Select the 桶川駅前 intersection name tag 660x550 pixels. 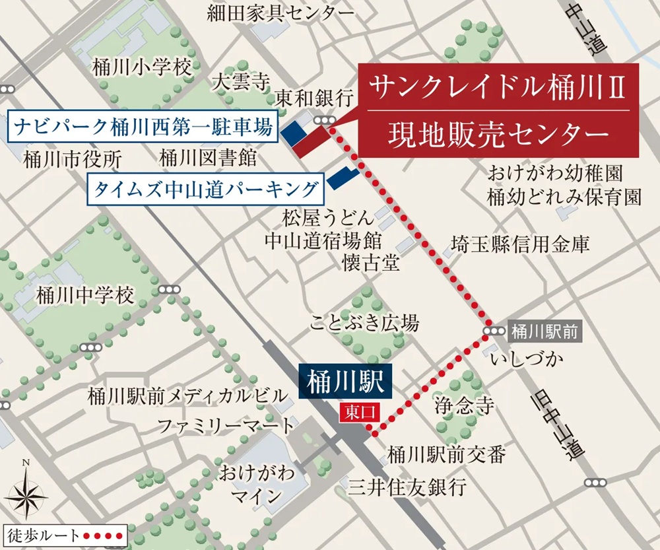click(544, 332)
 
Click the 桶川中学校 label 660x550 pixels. click(86, 294)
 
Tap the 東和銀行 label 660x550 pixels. click(314, 99)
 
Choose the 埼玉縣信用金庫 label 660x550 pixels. click(520, 244)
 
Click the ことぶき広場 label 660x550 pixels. click(364, 323)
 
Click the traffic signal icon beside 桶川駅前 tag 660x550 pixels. click(492, 332)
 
